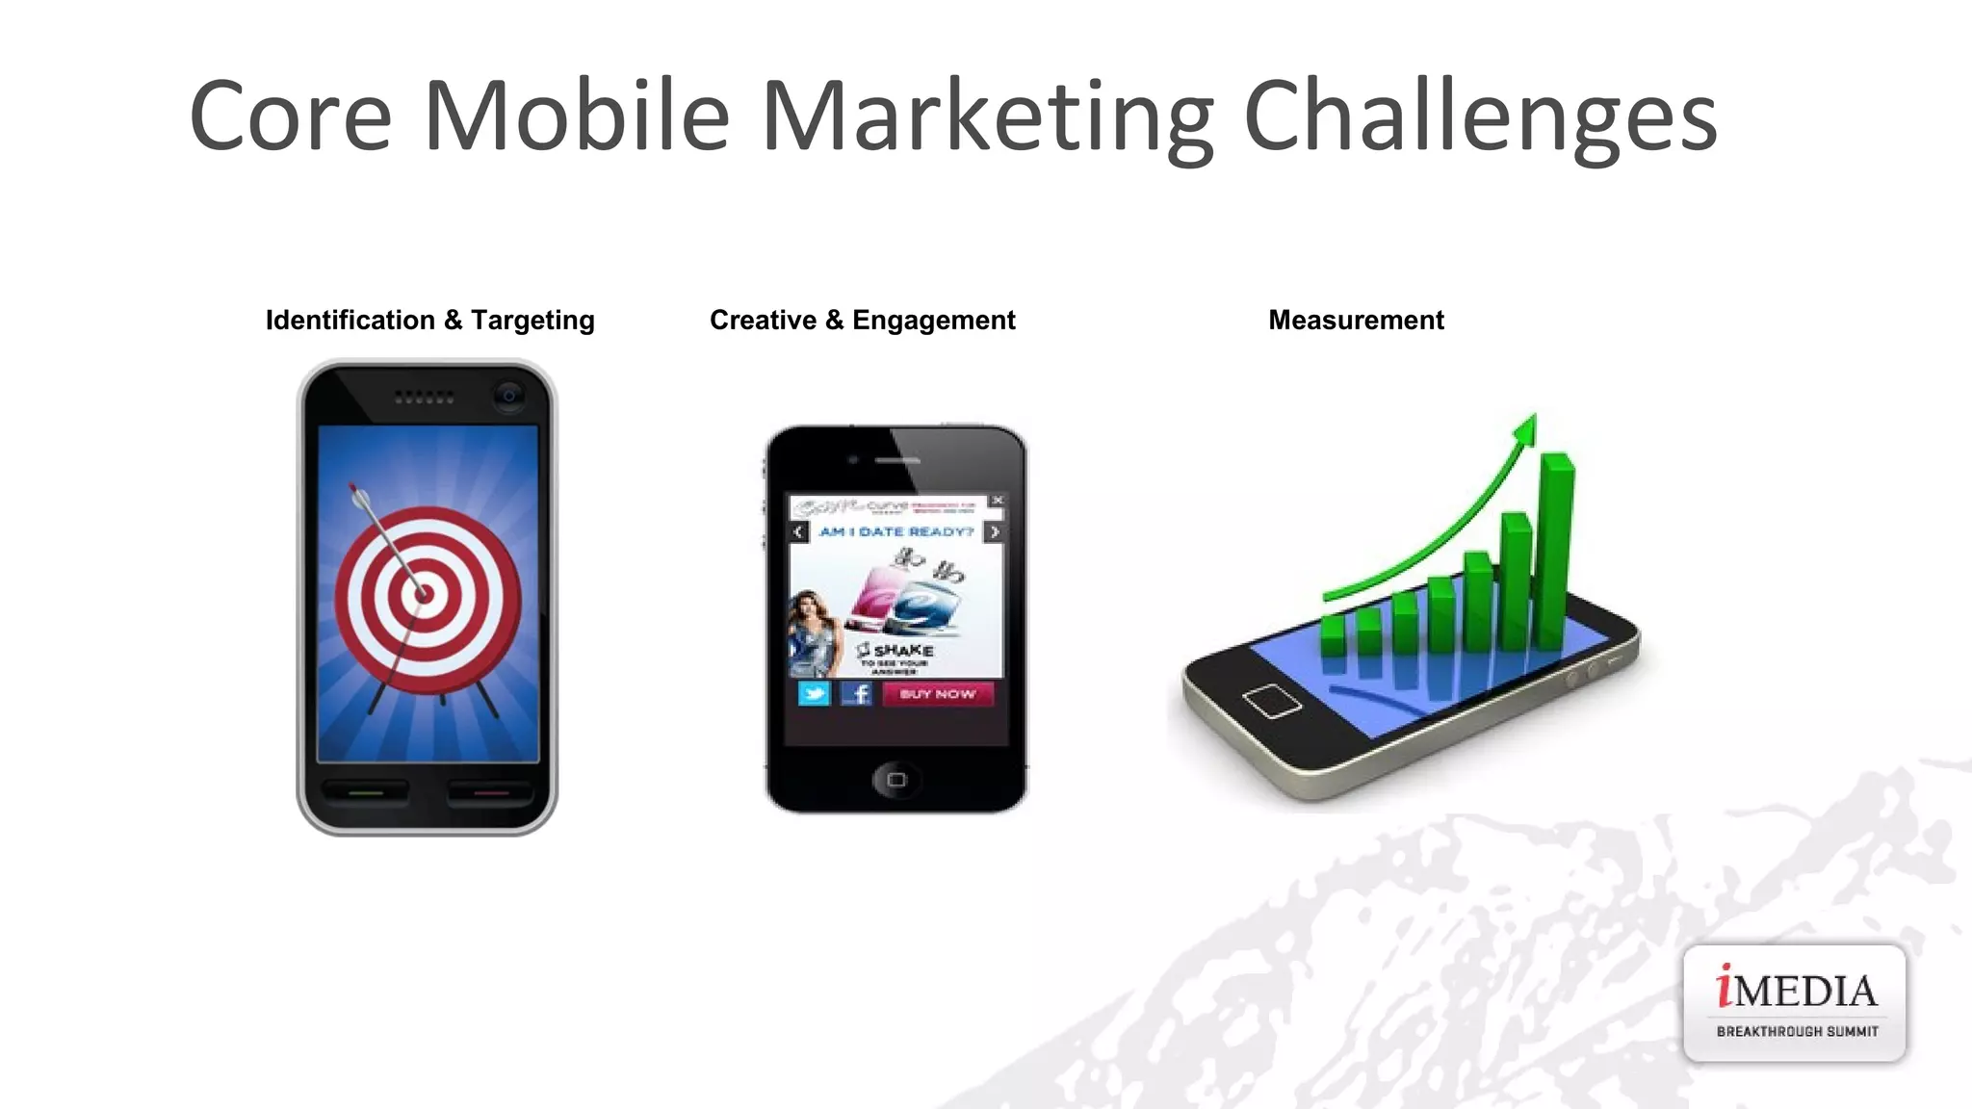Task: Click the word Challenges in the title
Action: coord(1480,117)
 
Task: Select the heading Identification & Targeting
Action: coord(429,320)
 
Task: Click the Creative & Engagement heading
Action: coord(862,320)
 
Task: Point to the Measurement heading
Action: coord(1356,320)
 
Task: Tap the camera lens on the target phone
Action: coord(508,395)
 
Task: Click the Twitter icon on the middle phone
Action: coord(814,693)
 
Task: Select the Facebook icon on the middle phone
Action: coord(856,693)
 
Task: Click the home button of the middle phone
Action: coord(895,779)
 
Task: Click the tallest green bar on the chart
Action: coord(1554,549)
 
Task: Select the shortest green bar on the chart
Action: coord(1333,635)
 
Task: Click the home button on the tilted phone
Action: coord(1272,700)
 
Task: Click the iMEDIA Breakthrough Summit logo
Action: coord(1794,1003)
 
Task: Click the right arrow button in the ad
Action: coord(995,531)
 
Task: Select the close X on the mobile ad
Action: coord(998,501)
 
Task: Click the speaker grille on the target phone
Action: coord(424,397)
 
